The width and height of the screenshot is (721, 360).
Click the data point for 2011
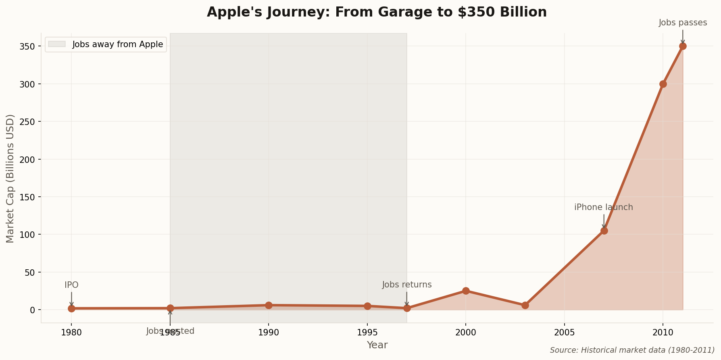[x=683, y=46]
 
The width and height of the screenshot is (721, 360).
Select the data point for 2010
[x=663, y=84]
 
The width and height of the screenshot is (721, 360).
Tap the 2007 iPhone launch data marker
[x=604, y=231]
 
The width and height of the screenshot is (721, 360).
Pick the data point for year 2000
[x=466, y=291]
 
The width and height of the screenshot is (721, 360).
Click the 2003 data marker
[x=525, y=305]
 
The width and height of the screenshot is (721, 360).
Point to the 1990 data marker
[x=269, y=305]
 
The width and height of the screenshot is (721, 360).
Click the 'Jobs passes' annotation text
[x=683, y=23]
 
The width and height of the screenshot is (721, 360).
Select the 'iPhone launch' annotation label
[x=604, y=208]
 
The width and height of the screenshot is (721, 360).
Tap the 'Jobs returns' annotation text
[x=407, y=285]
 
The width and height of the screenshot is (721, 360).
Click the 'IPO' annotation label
[x=71, y=285]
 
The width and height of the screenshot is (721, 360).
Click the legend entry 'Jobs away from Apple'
[x=117, y=44]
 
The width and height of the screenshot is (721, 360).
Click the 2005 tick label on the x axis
[x=564, y=333]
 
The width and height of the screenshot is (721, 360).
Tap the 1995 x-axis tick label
[x=367, y=333]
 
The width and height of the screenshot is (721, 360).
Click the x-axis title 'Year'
[x=377, y=345]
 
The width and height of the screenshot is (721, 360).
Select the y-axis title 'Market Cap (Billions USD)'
[x=10, y=178]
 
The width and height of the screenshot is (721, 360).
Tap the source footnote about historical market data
[x=632, y=350]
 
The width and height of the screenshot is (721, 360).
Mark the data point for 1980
[x=71, y=308]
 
